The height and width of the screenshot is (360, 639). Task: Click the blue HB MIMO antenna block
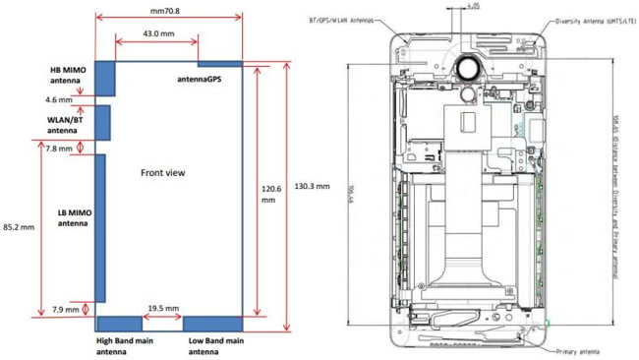[x=105, y=77]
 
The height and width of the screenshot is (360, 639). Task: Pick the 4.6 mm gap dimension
[x=59, y=99]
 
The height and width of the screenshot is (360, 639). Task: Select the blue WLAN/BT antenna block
[x=102, y=122]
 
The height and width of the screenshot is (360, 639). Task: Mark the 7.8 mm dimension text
[x=59, y=149]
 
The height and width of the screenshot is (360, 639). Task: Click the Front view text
[x=162, y=172]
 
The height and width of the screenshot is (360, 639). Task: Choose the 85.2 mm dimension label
[x=20, y=226]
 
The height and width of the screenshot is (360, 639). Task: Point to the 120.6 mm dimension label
[x=268, y=192]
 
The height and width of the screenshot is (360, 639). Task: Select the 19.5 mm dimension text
[x=162, y=308]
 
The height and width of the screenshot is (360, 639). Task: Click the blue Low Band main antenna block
[x=212, y=324]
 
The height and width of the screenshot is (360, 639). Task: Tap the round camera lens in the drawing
[x=469, y=67]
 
